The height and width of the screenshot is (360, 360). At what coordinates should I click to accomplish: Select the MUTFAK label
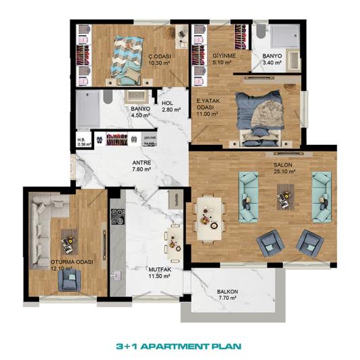158,269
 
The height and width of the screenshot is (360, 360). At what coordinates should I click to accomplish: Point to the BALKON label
227,292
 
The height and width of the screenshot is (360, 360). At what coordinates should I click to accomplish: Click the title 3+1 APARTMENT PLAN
179,345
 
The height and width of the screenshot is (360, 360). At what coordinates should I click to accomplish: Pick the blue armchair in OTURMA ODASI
70,279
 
